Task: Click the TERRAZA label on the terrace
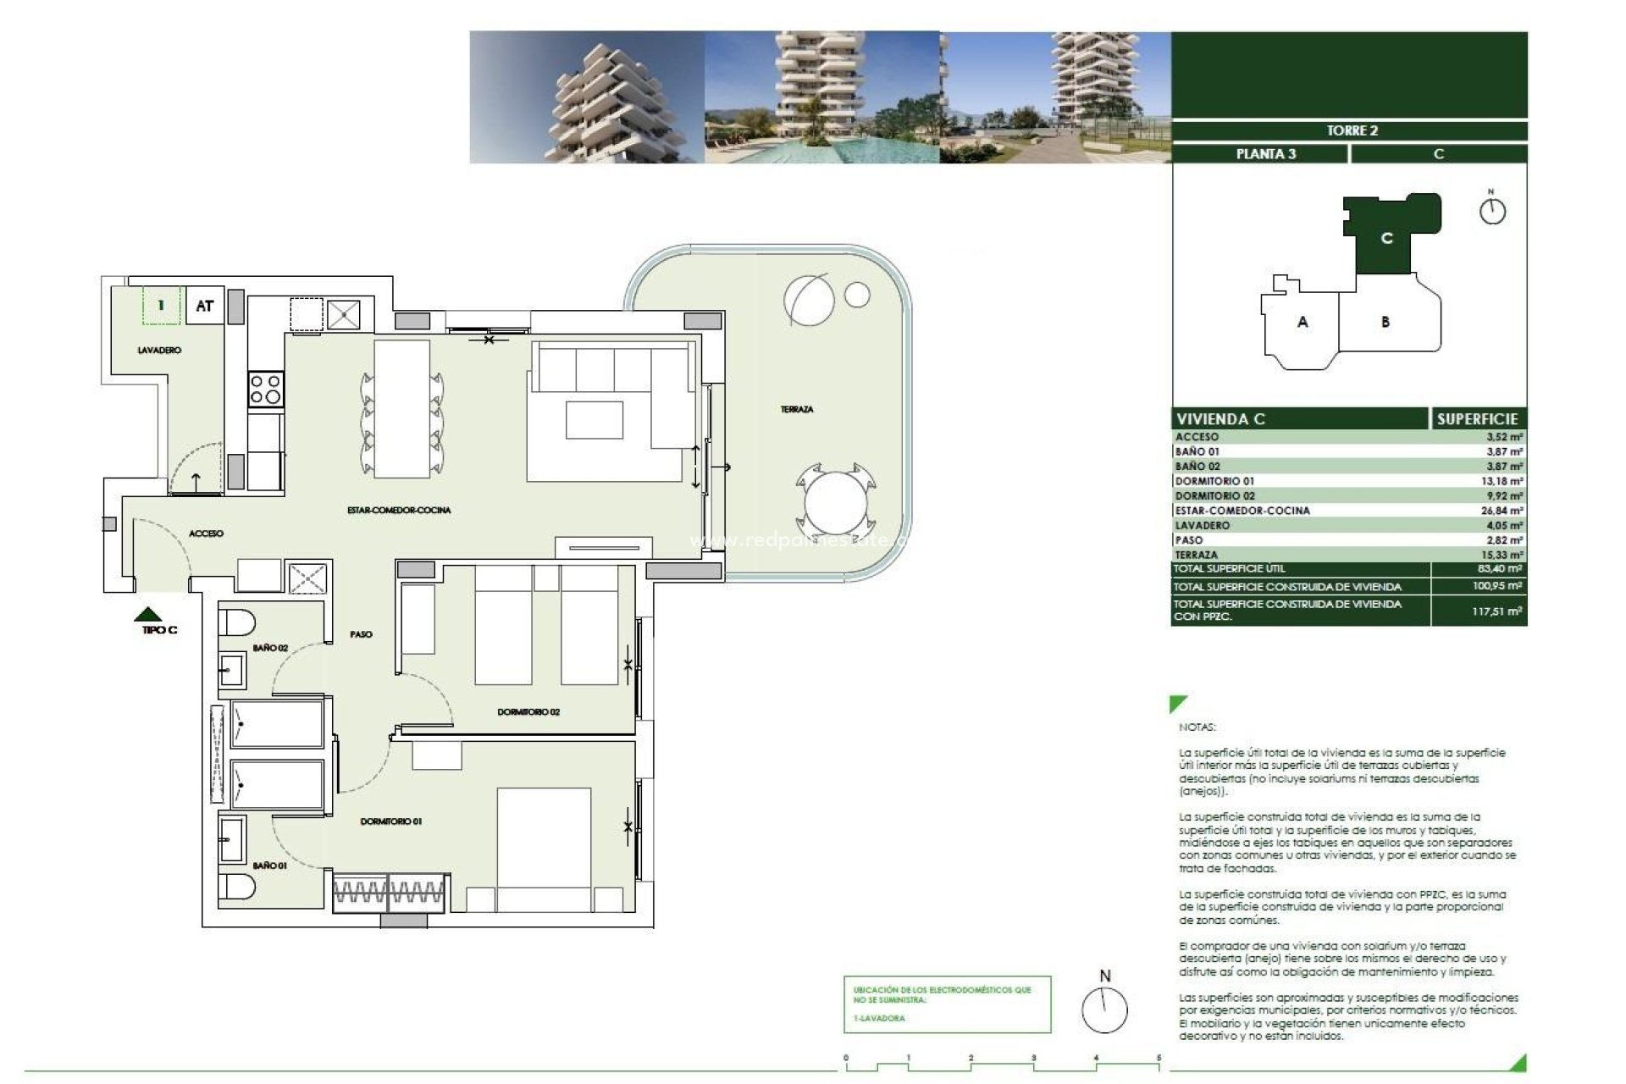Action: (x=796, y=410)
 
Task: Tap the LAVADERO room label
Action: (x=159, y=350)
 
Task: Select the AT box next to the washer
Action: (x=204, y=306)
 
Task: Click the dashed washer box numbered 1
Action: (x=161, y=306)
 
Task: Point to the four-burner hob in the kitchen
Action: (x=265, y=390)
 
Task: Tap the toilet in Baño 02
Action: (x=237, y=623)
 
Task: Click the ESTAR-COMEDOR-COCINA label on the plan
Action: (x=399, y=510)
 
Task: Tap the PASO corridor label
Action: (x=361, y=634)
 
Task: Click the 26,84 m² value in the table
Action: (x=1504, y=511)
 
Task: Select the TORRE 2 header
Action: (x=1352, y=130)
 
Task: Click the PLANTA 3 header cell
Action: (x=1265, y=154)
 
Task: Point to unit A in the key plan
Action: (x=1302, y=322)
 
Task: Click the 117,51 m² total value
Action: (x=1496, y=611)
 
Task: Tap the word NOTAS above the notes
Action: (x=1197, y=727)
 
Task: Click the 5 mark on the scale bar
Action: (x=1159, y=1059)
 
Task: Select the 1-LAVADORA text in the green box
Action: (x=880, y=1018)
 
